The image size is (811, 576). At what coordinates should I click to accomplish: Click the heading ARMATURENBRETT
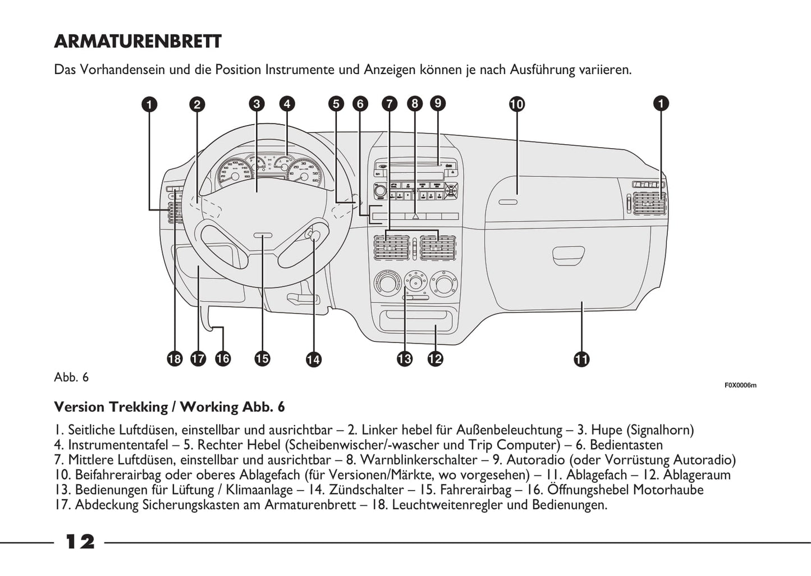point(138,42)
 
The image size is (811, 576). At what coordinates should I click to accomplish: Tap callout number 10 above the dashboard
point(516,104)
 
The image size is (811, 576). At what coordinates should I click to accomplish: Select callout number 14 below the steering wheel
point(313,359)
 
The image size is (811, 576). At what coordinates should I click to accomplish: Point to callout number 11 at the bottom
point(581,359)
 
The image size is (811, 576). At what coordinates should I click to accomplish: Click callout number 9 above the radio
point(437,103)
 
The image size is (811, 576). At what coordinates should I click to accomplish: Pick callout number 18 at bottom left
point(175,359)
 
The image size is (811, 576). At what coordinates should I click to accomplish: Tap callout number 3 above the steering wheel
point(256,104)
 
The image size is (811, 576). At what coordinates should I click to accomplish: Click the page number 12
point(80,542)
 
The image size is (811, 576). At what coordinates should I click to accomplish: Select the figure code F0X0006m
point(740,385)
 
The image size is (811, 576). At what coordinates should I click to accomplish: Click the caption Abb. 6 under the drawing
point(71,377)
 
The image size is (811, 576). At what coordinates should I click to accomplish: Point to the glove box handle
point(569,256)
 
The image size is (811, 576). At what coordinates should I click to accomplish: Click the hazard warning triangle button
point(415,215)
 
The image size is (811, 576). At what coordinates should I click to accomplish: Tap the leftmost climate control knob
point(386,283)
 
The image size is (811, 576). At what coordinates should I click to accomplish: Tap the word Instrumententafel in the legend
point(118,445)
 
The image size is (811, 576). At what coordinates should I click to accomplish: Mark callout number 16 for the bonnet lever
point(223,359)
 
